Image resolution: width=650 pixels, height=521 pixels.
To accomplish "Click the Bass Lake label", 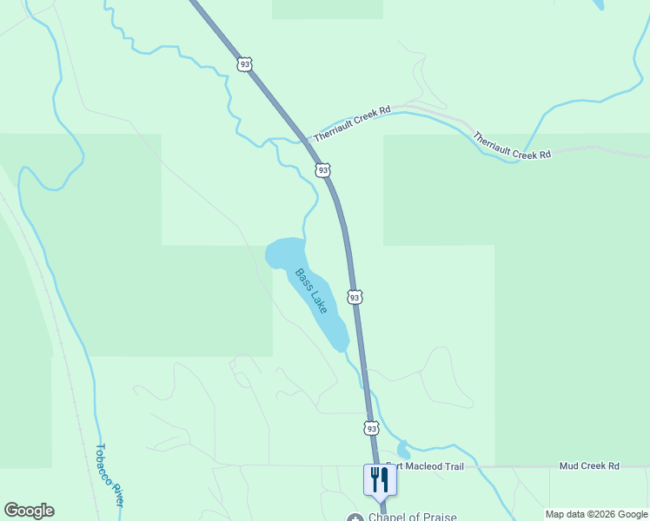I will point(311,291).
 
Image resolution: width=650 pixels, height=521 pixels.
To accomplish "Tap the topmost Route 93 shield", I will point(244,64).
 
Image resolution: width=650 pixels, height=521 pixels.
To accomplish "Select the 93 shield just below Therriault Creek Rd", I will point(323,170).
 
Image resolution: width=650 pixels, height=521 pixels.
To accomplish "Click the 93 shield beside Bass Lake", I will point(355,297).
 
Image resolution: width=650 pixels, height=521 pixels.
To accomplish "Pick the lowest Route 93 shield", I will point(372,428).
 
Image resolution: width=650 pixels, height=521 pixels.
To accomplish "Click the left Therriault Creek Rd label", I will point(352,124).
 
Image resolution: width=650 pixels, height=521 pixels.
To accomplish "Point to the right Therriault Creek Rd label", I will point(513,145).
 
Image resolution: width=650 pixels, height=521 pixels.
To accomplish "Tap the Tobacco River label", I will point(109,476).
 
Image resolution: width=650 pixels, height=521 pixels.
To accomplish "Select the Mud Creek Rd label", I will point(589,466).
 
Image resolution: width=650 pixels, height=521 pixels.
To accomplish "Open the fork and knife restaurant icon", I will point(380,478).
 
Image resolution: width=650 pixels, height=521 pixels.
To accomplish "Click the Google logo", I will point(29,511).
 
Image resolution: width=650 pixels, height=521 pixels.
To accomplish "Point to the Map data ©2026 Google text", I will point(596,514).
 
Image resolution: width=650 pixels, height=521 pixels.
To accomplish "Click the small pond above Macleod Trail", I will point(403,449).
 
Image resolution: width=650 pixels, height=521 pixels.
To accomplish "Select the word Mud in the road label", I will point(569,466).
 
